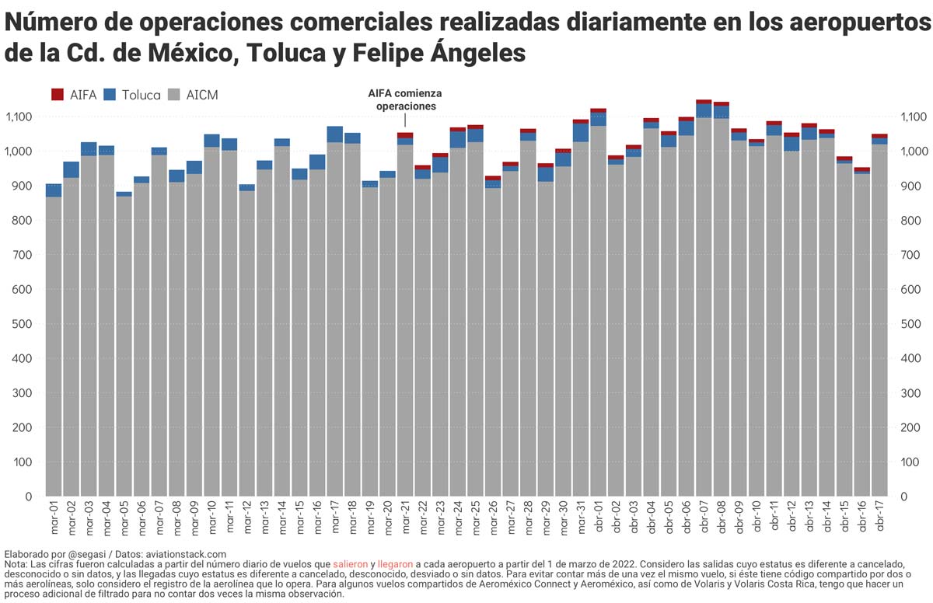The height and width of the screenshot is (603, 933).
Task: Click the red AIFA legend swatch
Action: tap(57, 95)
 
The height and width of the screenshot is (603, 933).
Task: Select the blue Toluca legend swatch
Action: tap(110, 95)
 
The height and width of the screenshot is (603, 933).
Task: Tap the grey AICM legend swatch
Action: tap(174, 95)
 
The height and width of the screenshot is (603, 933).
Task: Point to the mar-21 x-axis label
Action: tap(405, 518)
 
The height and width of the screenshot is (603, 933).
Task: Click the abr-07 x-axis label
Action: tap(704, 518)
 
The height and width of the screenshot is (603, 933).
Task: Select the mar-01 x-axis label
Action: tap(54, 518)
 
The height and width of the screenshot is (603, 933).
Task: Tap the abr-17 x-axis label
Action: tap(879, 518)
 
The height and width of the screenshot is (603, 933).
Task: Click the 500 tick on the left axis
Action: tap(23, 324)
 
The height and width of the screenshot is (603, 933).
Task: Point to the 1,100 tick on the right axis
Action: tap(913, 117)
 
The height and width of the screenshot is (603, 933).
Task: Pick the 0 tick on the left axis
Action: tap(29, 497)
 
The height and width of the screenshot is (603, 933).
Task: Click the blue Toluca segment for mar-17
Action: tap(335, 134)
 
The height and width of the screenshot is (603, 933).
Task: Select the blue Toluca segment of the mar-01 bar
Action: tap(54, 190)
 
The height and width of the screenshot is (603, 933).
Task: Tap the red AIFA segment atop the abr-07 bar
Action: tap(704, 101)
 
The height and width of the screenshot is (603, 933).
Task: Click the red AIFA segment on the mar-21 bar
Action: tap(405, 135)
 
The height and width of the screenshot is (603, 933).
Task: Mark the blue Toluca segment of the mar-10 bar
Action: tap(211, 141)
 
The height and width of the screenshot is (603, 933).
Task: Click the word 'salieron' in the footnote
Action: tap(350, 563)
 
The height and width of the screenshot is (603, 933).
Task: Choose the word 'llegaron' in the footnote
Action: tap(396, 563)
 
